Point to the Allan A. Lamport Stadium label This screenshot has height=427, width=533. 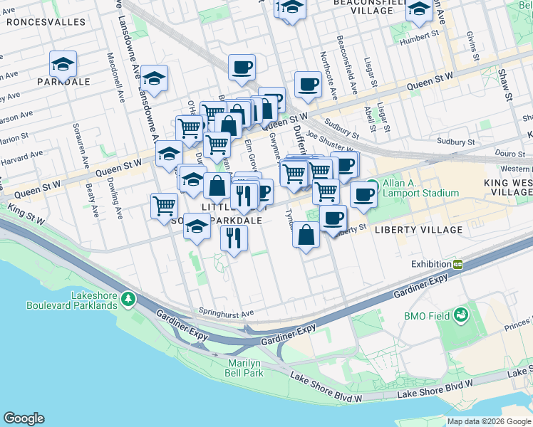point(420,188)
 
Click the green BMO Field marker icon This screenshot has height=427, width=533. point(462,314)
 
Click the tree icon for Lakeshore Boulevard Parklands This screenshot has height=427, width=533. point(128,297)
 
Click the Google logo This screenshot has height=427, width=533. point(24,418)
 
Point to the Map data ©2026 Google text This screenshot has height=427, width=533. point(489,421)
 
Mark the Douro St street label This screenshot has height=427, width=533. point(511,153)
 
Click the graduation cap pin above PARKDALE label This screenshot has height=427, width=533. point(63,66)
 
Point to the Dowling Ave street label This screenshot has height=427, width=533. point(112,184)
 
